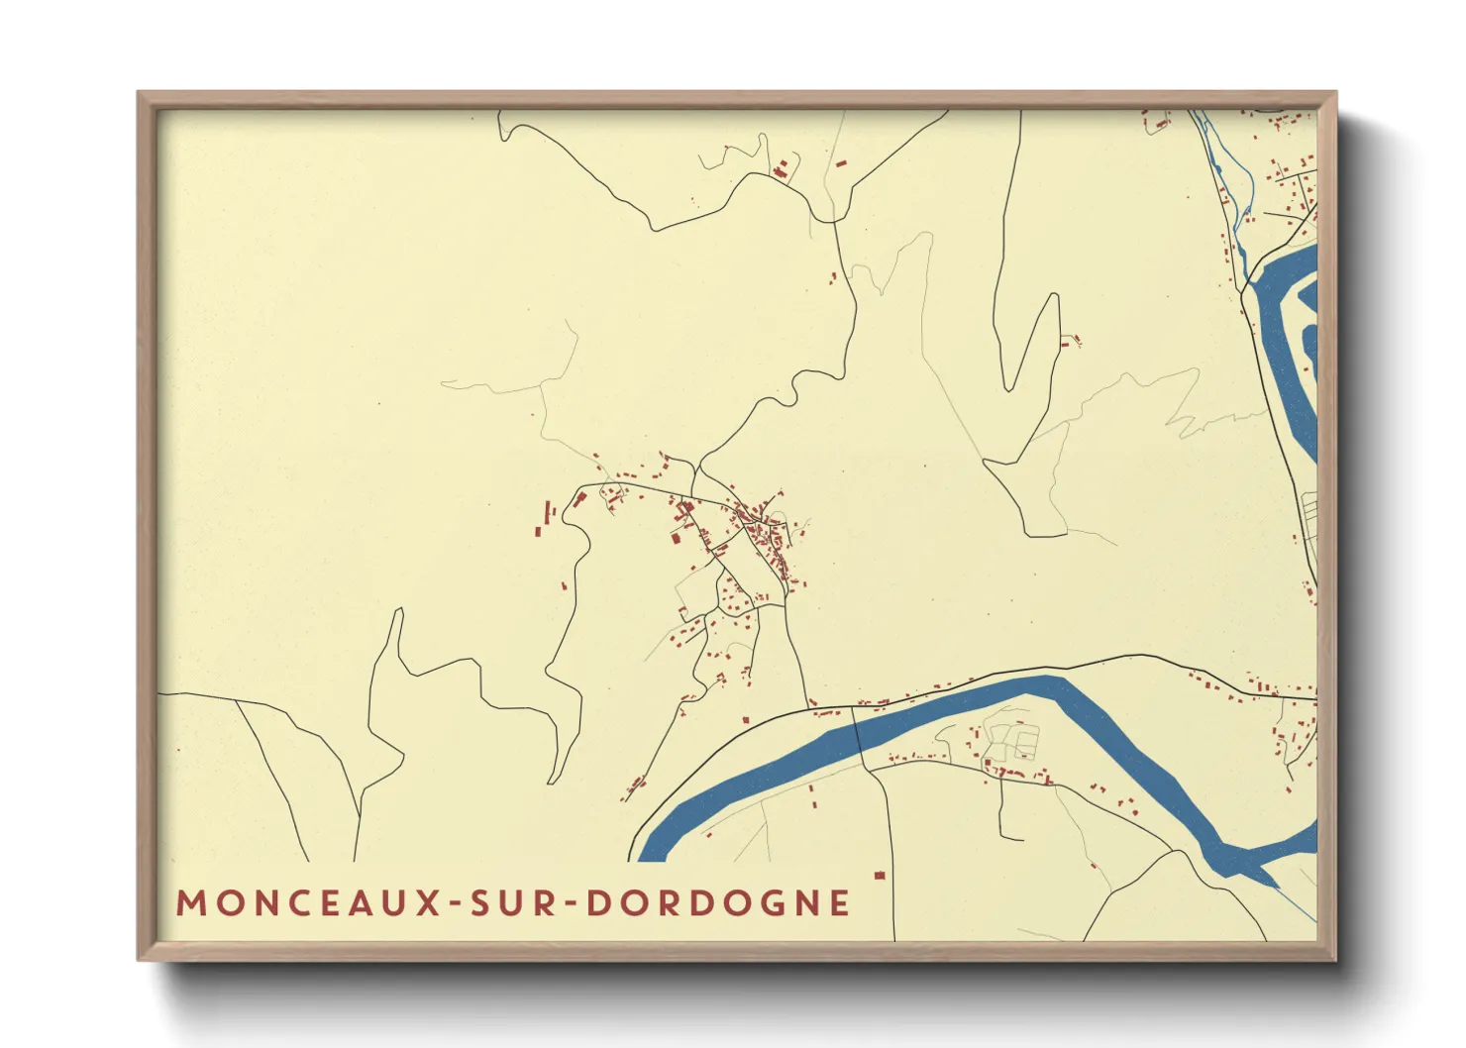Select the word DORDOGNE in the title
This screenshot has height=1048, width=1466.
click(718, 903)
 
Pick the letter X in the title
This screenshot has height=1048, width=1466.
click(428, 903)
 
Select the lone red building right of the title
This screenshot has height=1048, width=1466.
click(878, 876)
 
